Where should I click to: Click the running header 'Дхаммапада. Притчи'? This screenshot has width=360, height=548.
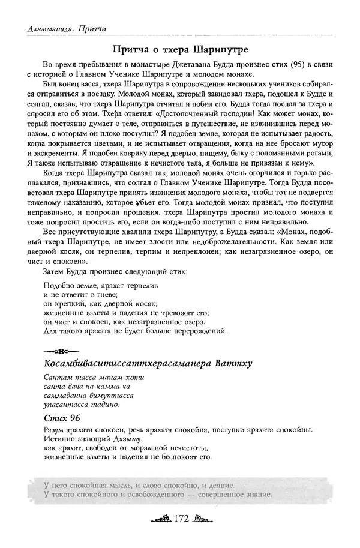[x=59, y=26]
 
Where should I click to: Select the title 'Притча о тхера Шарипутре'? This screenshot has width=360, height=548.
[x=180, y=47]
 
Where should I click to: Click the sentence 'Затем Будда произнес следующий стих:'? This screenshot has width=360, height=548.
[x=115, y=272]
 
